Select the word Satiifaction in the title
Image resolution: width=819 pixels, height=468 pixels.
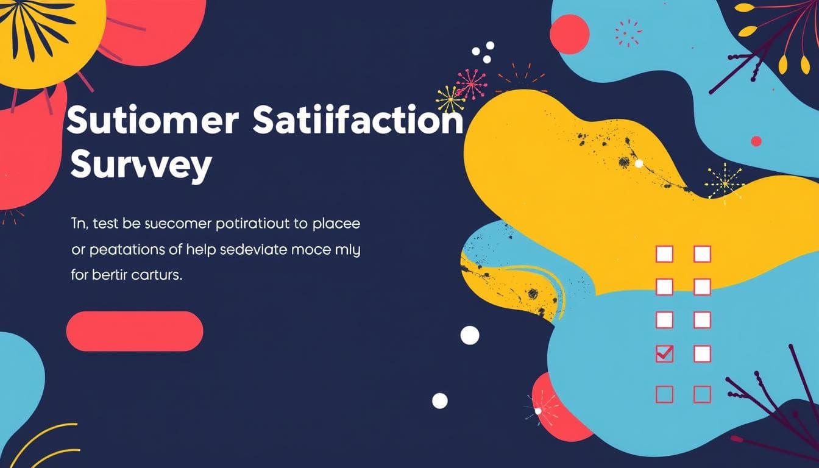pos(357,121)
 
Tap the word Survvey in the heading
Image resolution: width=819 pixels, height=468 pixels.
pos(141,165)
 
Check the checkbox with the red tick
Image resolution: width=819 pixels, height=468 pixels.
pos(664,353)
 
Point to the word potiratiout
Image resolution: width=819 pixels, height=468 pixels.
pos(253,224)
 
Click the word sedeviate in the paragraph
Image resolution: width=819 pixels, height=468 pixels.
pos(238,250)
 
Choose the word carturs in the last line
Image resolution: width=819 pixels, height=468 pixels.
pos(157,275)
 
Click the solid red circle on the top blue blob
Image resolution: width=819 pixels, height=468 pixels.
pos(570,34)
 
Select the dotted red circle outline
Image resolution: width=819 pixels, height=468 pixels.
pos(628,33)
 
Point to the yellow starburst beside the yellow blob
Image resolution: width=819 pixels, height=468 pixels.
pos(725,182)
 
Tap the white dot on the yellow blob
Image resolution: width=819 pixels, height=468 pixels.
pos(639,163)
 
